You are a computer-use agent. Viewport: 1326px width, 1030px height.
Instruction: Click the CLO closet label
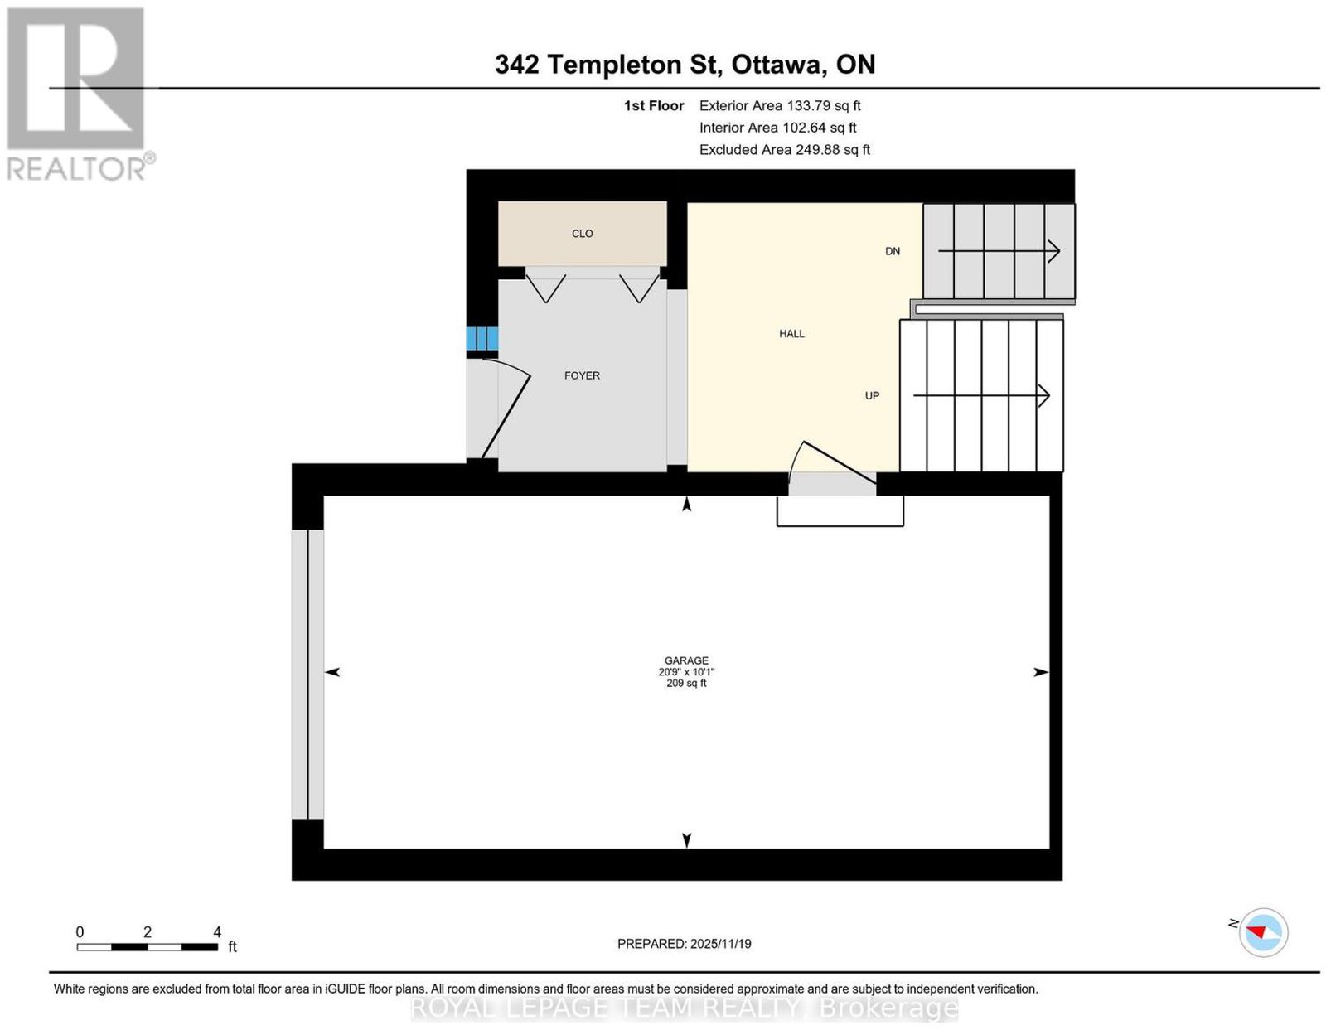(x=582, y=234)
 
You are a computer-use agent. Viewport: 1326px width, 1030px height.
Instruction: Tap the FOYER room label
(x=582, y=375)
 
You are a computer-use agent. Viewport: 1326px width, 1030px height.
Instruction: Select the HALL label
(x=791, y=334)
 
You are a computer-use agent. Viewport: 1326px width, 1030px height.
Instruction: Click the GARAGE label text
(x=686, y=660)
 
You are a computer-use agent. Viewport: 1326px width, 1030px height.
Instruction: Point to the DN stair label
(x=892, y=251)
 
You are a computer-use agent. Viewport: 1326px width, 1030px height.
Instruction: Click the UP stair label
(x=872, y=396)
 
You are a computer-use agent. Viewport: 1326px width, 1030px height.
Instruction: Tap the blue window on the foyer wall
(x=482, y=339)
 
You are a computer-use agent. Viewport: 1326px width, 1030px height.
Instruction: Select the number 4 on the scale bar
(x=217, y=932)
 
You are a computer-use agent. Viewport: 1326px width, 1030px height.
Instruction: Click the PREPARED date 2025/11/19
(x=721, y=944)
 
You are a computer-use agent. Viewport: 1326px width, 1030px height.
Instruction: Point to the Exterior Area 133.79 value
(x=809, y=105)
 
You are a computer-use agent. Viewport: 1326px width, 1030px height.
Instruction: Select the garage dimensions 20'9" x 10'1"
(x=686, y=672)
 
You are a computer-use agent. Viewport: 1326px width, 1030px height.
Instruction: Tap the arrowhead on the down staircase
(x=1054, y=251)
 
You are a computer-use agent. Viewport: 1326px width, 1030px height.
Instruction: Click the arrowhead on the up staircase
(x=1044, y=396)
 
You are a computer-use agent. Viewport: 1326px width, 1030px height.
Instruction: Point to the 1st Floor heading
(x=654, y=105)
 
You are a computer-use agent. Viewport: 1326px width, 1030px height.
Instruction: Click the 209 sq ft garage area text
(x=686, y=684)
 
